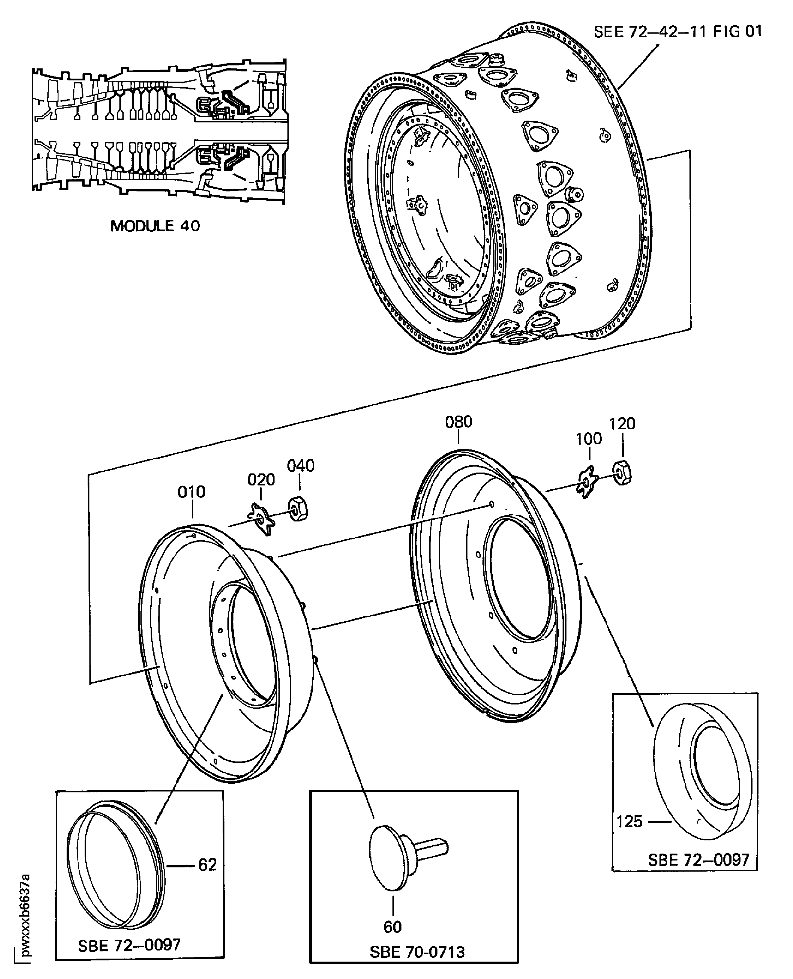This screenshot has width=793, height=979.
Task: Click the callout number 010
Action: click(191, 492)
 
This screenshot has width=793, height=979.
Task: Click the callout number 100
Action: click(588, 439)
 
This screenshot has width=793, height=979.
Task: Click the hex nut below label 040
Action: click(298, 509)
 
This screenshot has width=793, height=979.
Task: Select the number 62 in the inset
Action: click(207, 865)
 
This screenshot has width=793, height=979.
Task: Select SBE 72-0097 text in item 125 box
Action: click(698, 860)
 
